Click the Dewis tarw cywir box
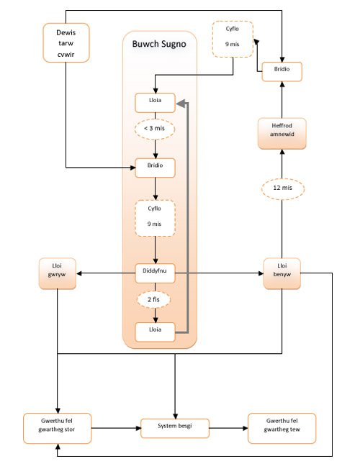coord(66,42)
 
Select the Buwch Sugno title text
coord(159,44)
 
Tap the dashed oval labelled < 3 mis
coord(155,129)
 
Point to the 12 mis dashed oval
coord(283,188)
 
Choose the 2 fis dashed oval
coord(153,300)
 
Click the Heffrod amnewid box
coord(282,133)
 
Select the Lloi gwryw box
coord(57,273)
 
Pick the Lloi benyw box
coord(282,273)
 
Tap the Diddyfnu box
coord(155,273)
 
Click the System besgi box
coord(175,428)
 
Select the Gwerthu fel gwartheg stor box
coord(57,428)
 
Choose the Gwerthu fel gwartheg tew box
coord(282,428)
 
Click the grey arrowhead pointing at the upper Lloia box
coord(181,104)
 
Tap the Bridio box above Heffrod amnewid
coord(282,72)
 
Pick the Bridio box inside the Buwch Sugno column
coord(155,168)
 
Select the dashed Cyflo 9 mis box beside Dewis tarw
coord(233,39)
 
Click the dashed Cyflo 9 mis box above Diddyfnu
coord(155,218)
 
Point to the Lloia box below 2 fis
coord(155,332)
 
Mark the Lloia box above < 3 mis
coord(155,103)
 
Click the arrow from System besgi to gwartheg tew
coord(228,428)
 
